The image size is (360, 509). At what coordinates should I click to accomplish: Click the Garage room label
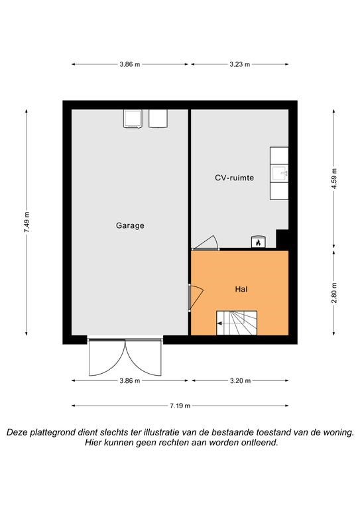(130, 225)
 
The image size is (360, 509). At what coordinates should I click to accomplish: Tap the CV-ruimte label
(235, 178)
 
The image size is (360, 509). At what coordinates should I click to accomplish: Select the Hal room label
(241, 289)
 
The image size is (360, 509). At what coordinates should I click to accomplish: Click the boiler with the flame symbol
(259, 242)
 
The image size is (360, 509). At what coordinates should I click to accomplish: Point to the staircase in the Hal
(237, 323)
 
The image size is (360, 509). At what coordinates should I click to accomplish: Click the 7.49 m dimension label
(27, 222)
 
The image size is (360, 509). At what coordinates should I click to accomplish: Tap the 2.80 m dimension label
(334, 293)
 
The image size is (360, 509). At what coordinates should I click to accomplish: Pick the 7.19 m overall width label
(180, 406)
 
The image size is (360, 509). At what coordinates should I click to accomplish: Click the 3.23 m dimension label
(240, 64)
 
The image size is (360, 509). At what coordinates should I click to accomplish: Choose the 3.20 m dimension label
(240, 380)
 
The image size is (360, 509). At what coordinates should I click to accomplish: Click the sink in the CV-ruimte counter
(280, 174)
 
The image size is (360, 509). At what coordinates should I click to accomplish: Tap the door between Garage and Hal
(195, 297)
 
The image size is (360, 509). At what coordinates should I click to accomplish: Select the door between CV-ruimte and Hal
(205, 243)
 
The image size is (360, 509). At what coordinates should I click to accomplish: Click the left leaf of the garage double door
(107, 357)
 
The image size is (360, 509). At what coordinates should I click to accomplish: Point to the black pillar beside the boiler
(282, 239)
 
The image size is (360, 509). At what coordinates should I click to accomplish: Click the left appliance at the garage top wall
(133, 118)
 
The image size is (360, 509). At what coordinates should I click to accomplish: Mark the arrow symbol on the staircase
(220, 323)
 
